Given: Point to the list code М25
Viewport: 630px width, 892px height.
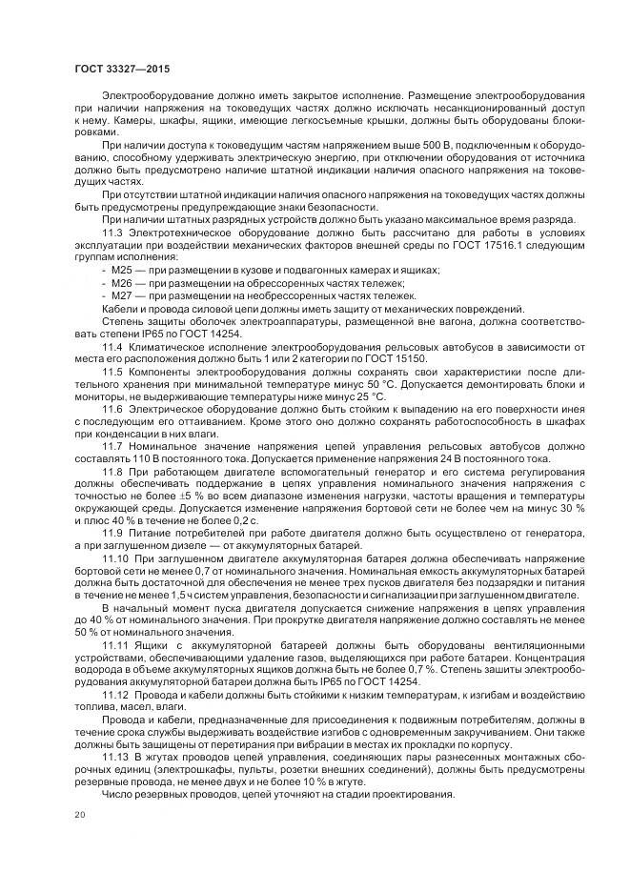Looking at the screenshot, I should click(123, 271).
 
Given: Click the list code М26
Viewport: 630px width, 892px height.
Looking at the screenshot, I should click(123, 283).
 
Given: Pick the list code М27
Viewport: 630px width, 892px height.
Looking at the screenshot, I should click(123, 295).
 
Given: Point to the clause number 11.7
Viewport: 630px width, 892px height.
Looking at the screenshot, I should click(112, 444).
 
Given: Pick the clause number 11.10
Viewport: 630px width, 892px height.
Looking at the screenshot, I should click(115, 556).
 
